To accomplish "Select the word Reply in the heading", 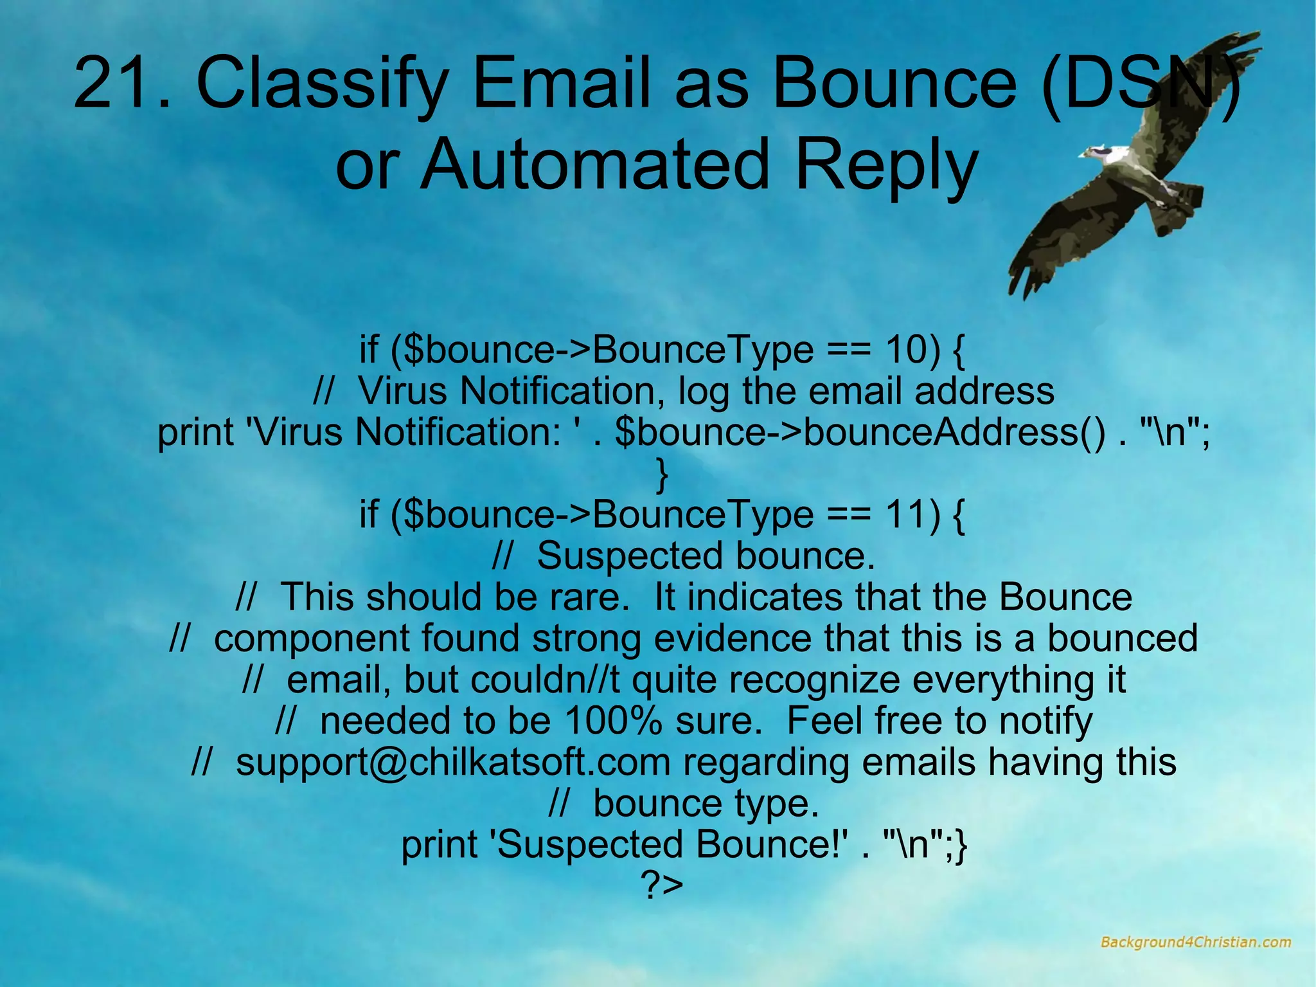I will click(886, 166).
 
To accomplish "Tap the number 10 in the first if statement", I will click(905, 349).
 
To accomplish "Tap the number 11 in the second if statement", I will click(905, 514).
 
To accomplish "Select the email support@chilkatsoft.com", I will click(453, 762).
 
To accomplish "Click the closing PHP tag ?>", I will click(661, 885).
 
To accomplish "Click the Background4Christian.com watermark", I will click(1195, 942).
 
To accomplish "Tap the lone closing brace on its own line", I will click(662, 474).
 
